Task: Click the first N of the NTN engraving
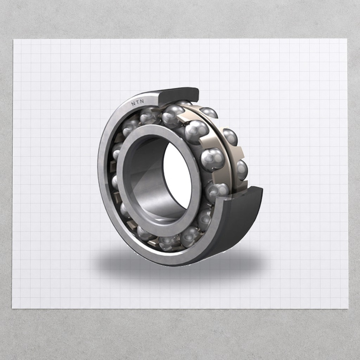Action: tap(133, 104)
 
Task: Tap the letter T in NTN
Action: tap(137, 102)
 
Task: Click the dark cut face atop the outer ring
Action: tap(178, 95)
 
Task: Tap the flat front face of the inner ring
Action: tap(159, 177)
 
